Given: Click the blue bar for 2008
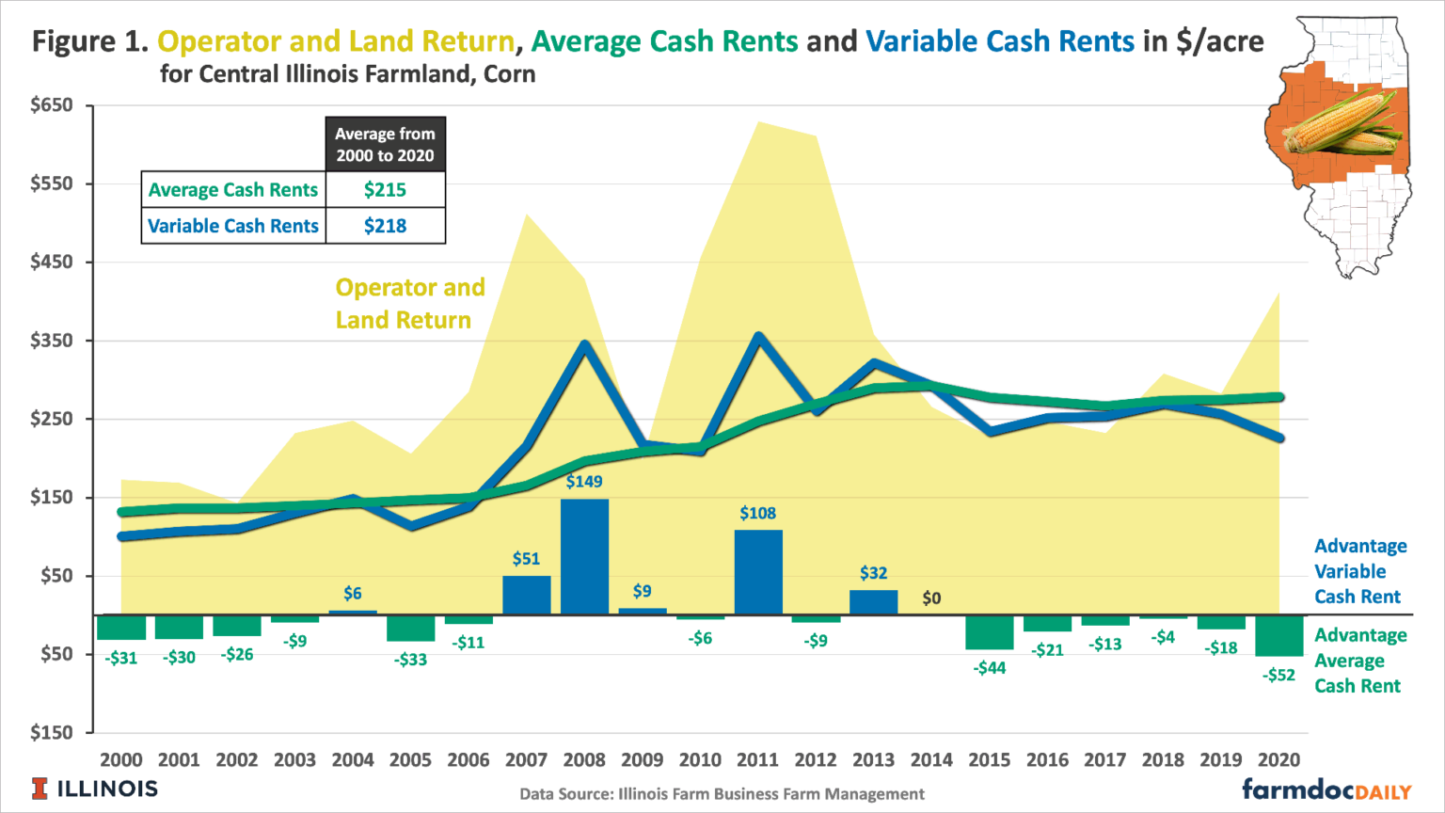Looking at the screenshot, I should pyautogui.click(x=584, y=556).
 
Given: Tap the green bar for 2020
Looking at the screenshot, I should pyautogui.click(x=1278, y=636).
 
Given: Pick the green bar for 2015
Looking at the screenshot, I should pyautogui.click(x=990, y=632).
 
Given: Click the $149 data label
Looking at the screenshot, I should pyautogui.click(x=584, y=482).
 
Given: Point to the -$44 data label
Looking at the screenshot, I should pyautogui.click(x=990, y=668).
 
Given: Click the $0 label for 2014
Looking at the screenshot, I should pyautogui.click(x=931, y=598).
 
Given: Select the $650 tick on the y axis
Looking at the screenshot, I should pyautogui.click(x=52, y=105).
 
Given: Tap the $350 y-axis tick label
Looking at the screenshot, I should pyautogui.click(x=52, y=341).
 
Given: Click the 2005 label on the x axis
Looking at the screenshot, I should pyautogui.click(x=410, y=760).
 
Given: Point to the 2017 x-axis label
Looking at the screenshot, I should pyautogui.click(x=1104, y=760).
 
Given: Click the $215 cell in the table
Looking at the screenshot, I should pyautogui.click(x=385, y=190).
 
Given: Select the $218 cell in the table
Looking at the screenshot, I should pyautogui.click(x=385, y=226).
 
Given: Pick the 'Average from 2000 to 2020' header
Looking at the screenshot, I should pyautogui.click(x=385, y=145).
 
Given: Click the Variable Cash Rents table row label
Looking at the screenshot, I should pyautogui.click(x=233, y=226).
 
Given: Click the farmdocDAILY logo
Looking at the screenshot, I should pyautogui.click(x=1326, y=789).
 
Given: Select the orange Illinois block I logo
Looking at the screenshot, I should pyautogui.click(x=40, y=789).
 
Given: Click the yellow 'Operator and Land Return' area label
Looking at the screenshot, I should pyautogui.click(x=410, y=304).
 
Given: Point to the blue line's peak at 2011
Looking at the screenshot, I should pyautogui.click(x=758, y=336).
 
